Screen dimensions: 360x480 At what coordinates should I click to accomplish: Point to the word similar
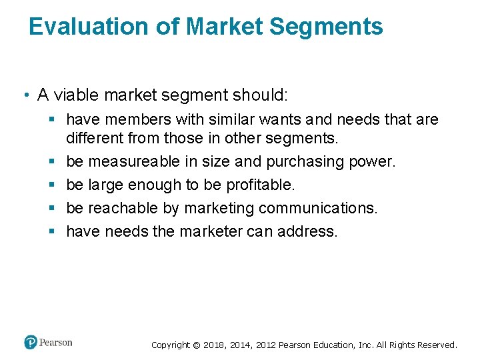(x=219, y=120)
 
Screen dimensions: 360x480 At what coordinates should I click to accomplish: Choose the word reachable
(x=123, y=209)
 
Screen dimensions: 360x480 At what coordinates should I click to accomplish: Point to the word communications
(x=317, y=209)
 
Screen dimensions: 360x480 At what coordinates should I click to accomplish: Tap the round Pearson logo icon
(x=31, y=343)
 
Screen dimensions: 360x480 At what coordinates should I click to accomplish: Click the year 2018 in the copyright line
(x=215, y=345)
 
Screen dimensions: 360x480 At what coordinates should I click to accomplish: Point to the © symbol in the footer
(x=196, y=345)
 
